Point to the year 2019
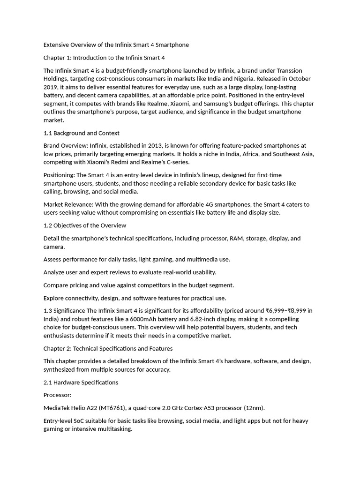point(51,87)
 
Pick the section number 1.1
point(49,133)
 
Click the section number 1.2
point(49,225)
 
